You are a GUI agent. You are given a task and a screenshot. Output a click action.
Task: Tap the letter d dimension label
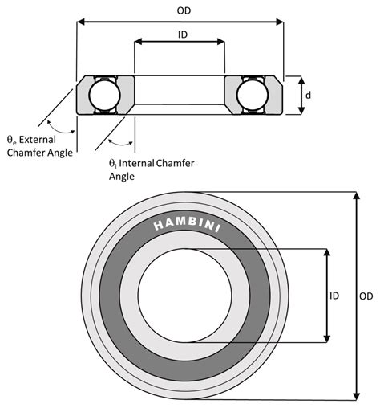(x=307, y=96)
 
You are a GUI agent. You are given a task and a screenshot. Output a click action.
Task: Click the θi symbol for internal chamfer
(x=114, y=162)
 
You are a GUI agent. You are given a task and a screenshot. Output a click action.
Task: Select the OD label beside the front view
(x=366, y=296)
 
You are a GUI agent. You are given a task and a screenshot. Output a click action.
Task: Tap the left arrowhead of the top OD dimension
(x=80, y=22)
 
